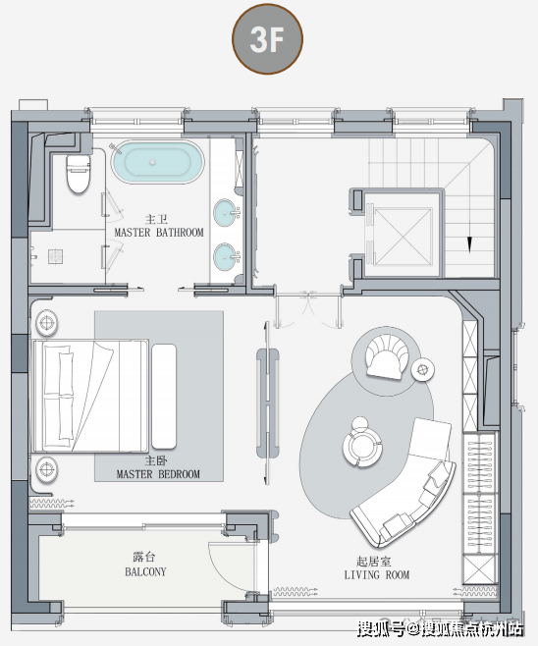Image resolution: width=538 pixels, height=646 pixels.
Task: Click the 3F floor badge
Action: click(x=267, y=39)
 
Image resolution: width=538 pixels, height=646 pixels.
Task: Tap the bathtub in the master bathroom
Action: click(x=157, y=162)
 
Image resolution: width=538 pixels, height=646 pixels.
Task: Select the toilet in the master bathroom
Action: click(x=78, y=174)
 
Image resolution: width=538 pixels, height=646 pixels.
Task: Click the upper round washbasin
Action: click(x=226, y=213)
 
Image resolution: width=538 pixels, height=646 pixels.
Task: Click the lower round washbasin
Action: click(x=226, y=256)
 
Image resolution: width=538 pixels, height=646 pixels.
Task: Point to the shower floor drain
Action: click(x=55, y=256)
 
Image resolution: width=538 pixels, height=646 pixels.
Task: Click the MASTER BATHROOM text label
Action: click(x=159, y=233)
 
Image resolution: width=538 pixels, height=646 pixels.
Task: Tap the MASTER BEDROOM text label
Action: click(x=158, y=474)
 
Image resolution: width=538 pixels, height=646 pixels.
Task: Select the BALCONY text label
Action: click(x=145, y=571)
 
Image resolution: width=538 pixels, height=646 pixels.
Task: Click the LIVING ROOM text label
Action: click(x=377, y=574)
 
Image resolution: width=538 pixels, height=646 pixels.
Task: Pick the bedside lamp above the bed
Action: click(x=47, y=323)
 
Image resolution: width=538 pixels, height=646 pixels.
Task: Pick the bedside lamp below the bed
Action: click(x=47, y=468)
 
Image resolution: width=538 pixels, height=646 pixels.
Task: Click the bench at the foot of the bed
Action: click(x=164, y=397)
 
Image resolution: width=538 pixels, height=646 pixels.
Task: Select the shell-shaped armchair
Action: click(x=387, y=356)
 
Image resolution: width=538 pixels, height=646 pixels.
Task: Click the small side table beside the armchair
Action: click(x=423, y=369)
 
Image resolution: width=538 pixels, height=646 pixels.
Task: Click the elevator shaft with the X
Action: click(x=403, y=236)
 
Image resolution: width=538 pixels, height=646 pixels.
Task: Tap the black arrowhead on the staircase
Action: click(x=469, y=244)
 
